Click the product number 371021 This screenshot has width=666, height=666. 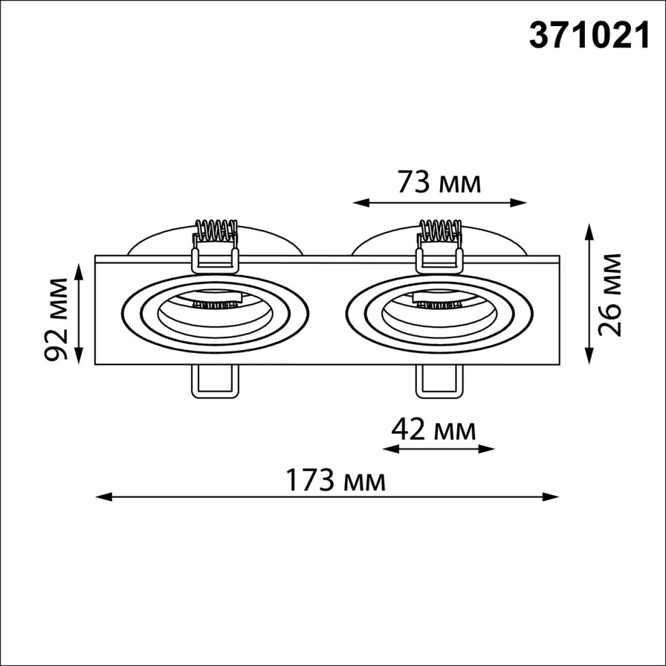pyautogui.click(x=588, y=36)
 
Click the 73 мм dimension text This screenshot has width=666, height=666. pyautogui.click(x=439, y=183)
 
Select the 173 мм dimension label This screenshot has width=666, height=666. pyautogui.click(x=336, y=481)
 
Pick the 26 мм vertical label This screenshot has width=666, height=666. pyautogui.click(x=609, y=295)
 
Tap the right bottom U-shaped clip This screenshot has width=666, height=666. pyautogui.click(x=438, y=380)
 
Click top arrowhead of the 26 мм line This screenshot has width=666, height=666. pyautogui.click(x=589, y=228)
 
